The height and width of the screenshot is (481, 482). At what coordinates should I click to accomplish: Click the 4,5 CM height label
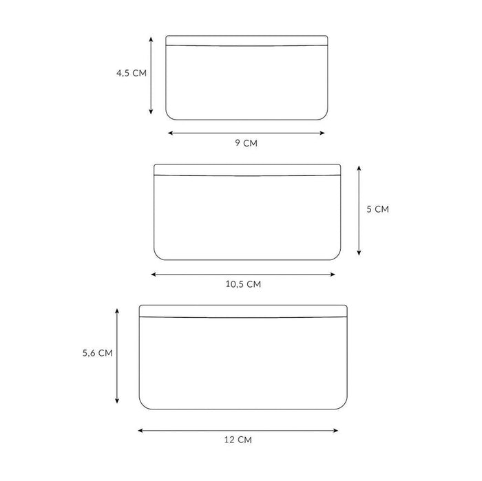click(132, 73)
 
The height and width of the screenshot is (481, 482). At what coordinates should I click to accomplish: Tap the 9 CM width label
click(247, 143)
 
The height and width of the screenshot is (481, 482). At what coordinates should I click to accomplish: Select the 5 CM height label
click(377, 209)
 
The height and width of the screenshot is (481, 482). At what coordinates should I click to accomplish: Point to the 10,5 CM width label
click(243, 284)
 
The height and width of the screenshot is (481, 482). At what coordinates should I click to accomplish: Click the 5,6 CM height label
click(98, 353)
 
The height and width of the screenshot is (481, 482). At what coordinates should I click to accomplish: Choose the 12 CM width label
click(238, 440)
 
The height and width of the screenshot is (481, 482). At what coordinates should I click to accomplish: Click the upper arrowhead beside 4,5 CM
click(151, 39)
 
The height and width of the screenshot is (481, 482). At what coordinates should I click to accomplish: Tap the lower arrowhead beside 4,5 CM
click(151, 111)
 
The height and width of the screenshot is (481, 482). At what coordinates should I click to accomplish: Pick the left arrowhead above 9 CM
click(170, 133)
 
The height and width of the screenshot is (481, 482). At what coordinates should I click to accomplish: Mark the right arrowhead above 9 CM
click(322, 133)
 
